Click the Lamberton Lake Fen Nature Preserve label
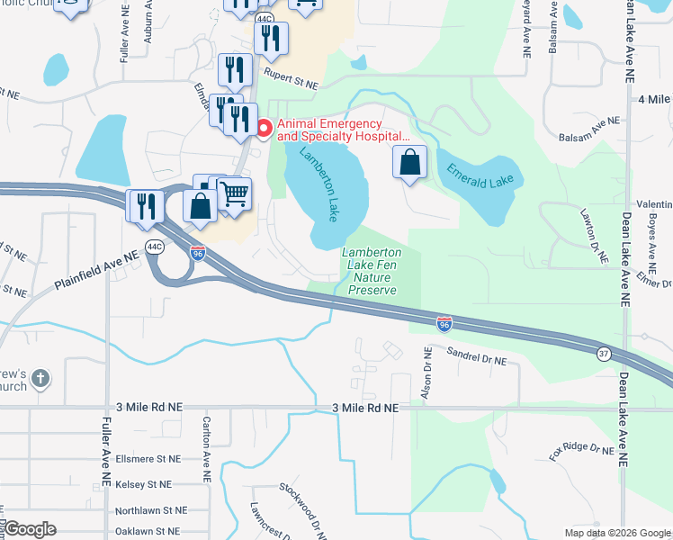372,272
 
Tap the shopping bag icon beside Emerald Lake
409,163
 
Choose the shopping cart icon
234,193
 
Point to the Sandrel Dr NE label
477,357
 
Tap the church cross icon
40,379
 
